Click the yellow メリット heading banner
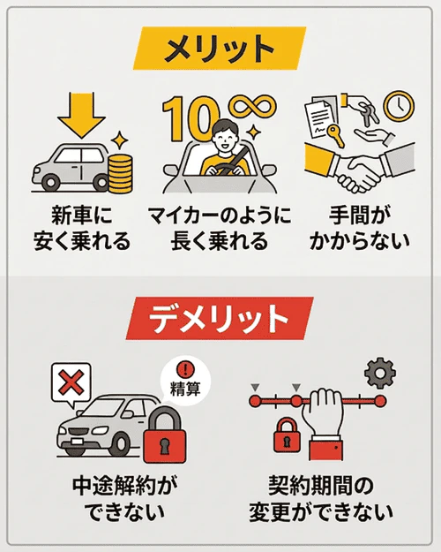coord(220,49)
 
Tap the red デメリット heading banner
coord(220,318)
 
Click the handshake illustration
coord(359,169)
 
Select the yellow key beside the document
coord(335,136)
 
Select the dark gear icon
coord(380,374)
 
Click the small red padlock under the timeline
coord(287,435)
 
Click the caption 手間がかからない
coord(359,228)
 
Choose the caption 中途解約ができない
coord(125,499)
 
